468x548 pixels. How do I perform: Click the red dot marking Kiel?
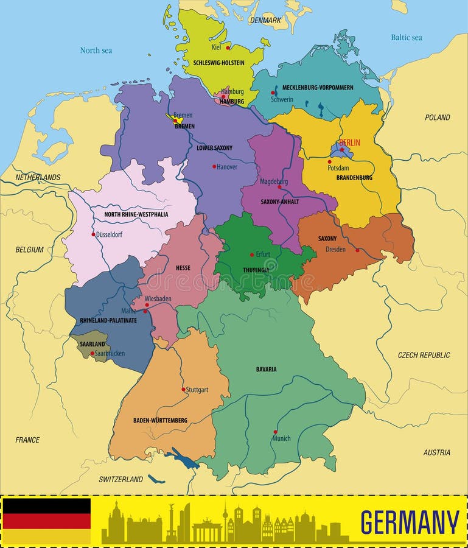click(x=228, y=47)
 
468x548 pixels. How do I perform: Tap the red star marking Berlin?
click(x=342, y=149)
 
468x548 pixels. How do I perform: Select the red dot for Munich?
click(x=275, y=432)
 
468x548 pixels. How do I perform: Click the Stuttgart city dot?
click(x=183, y=389)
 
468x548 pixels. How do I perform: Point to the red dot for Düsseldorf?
click(x=93, y=234)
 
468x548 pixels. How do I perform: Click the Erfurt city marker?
click(x=252, y=255)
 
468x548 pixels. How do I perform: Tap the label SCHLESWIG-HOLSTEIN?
click(x=218, y=63)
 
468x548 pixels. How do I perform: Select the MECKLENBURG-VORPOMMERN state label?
click(x=318, y=88)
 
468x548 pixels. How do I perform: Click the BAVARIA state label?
click(x=266, y=369)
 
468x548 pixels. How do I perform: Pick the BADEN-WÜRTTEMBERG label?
click(x=160, y=420)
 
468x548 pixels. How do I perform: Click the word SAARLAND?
click(x=93, y=344)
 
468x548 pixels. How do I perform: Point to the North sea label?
click(x=96, y=51)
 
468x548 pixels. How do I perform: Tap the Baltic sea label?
click(x=406, y=38)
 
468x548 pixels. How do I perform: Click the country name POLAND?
click(x=437, y=118)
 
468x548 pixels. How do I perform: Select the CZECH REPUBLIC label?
click(x=424, y=355)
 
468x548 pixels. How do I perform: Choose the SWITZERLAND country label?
click(x=120, y=479)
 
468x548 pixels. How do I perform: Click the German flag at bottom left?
click(x=47, y=521)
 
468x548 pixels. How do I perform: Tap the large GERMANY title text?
click(x=410, y=522)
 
